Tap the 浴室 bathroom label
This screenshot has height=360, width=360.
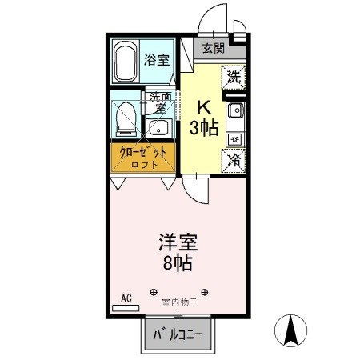point(157,59)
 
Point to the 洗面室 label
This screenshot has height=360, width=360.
point(155,102)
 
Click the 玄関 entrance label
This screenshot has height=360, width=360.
point(213,48)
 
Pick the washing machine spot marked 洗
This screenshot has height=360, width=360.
point(234,78)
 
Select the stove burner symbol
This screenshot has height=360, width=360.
point(234,138)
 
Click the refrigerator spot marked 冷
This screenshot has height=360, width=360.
point(234,160)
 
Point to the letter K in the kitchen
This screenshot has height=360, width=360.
point(205,107)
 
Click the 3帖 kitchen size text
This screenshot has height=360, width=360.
point(205,128)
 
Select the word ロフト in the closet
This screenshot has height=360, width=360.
point(145,166)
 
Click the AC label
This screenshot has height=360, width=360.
point(126,298)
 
